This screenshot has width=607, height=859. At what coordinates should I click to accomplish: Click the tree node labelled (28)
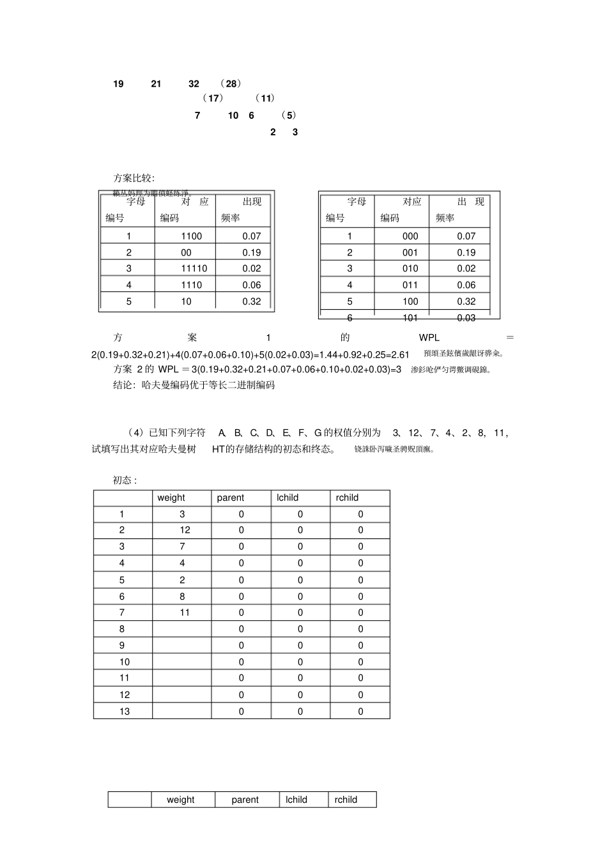pos(230,84)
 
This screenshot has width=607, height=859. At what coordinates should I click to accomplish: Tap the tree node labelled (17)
pos(213,98)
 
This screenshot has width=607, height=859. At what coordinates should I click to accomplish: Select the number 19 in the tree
pos(118,84)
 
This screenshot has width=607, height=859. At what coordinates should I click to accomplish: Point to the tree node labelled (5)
pos(290,116)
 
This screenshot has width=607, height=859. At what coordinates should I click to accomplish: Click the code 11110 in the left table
pos(194,269)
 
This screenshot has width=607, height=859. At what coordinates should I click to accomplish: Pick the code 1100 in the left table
pos(191,236)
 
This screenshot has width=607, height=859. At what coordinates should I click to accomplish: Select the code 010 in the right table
pos(410,269)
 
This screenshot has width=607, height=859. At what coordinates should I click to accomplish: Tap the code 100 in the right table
pos(410,301)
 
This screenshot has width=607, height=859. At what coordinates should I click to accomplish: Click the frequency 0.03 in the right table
pos(466,317)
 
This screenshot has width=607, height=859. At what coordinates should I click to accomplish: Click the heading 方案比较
pos(134,178)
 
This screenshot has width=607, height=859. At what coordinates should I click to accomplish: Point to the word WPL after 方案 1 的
pos(429,338)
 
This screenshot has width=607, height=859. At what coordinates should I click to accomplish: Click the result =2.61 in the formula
pos(397,354)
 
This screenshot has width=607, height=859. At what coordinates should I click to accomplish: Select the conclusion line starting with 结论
pos(194,385)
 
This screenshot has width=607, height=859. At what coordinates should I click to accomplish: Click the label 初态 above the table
pos(125,480)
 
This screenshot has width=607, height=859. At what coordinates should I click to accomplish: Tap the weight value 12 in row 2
pos(185,530)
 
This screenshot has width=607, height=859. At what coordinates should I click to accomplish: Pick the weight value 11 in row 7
pos(185,612)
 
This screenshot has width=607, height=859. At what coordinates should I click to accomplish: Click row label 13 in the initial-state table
pos(124,711)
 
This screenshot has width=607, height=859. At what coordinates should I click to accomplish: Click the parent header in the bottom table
pos(245,800)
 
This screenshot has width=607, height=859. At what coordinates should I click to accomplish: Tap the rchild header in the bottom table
pos(346,800)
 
